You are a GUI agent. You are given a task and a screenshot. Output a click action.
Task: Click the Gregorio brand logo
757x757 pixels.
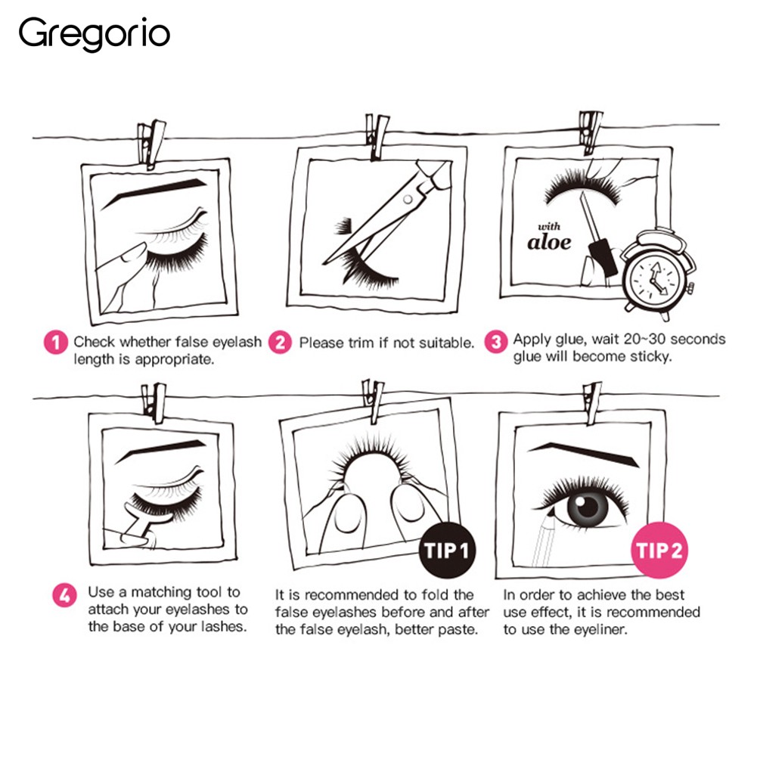(x=94, y=33)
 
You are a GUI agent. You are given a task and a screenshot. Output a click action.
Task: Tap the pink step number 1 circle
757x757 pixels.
(x=55, y=343)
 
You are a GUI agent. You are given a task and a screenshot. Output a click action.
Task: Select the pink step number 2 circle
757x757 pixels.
(x=280, y=343)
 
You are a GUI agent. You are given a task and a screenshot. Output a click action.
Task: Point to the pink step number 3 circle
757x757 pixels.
(x=496, y=342)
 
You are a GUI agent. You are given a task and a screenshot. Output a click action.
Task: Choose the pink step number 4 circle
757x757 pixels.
(x=65, y=595)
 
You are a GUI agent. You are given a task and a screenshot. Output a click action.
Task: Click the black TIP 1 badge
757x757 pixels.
(x=447, y=550)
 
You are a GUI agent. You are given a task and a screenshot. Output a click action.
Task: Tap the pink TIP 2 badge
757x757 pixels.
(x=659, y=550)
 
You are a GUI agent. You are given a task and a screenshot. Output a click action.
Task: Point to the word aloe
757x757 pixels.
(x=549, y=242)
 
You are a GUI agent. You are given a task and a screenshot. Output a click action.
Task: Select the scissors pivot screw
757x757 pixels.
(x=408, y=199)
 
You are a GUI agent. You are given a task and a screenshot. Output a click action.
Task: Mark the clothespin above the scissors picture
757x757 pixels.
(x=376, y=136)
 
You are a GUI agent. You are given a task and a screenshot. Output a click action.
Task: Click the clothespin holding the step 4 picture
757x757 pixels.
(x=154, y=402)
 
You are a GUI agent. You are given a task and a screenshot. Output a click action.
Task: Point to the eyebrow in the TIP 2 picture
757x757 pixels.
(x=583, y=455)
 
